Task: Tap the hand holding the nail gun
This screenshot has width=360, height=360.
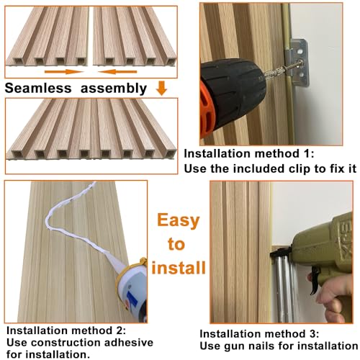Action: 338,302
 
